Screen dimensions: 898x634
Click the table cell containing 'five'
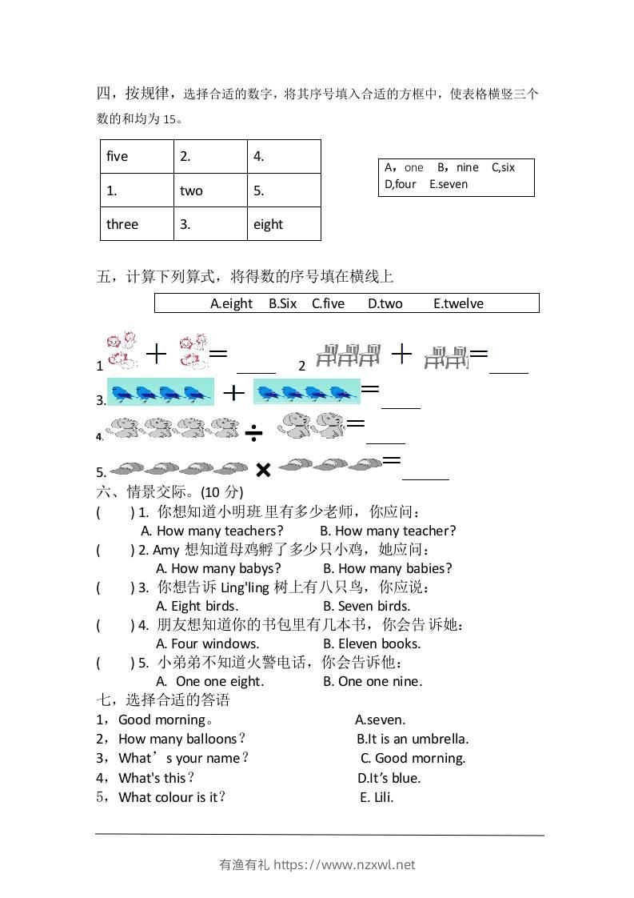137,157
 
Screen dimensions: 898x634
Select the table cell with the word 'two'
210,190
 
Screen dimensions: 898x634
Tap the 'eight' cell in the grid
284,224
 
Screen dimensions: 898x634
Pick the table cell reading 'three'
137,224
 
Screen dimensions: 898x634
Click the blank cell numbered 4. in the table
284,157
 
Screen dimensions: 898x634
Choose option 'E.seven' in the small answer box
449,184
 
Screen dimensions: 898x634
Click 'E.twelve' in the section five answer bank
458,303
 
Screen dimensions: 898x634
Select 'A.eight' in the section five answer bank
231,303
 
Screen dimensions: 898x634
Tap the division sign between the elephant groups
254,433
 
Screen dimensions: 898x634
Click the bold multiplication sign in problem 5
263,470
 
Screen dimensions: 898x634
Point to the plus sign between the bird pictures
233,392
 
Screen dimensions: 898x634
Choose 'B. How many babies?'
388,568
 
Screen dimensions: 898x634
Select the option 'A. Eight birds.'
197,606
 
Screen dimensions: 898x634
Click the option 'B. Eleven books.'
372,643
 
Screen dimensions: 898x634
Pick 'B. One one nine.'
373,681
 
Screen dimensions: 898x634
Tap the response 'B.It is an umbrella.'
413,739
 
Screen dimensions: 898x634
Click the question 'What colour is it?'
172,797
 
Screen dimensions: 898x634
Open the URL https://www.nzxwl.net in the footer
345,864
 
